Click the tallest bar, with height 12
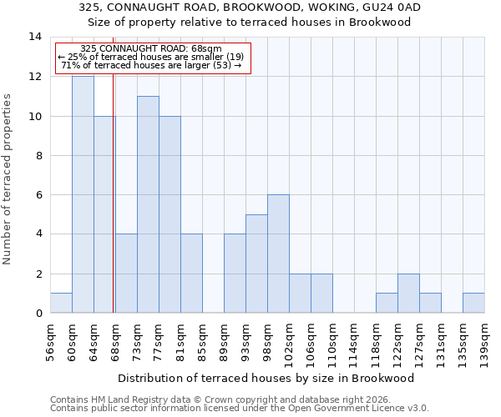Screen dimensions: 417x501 (x=83, y=194)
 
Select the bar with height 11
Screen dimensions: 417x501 (x=148, y=204)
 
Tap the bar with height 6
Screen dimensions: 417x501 (x=278, y=254)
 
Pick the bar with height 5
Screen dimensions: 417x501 (x=256, y=264)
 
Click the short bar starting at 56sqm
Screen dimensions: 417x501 (x=61, y=304)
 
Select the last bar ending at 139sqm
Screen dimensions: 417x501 (x=473, y=304)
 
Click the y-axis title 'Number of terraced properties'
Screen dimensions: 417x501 (x=8, y=178)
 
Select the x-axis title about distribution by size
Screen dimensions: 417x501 (x=266, y=378)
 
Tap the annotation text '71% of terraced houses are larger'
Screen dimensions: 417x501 (x=152, y=65)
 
